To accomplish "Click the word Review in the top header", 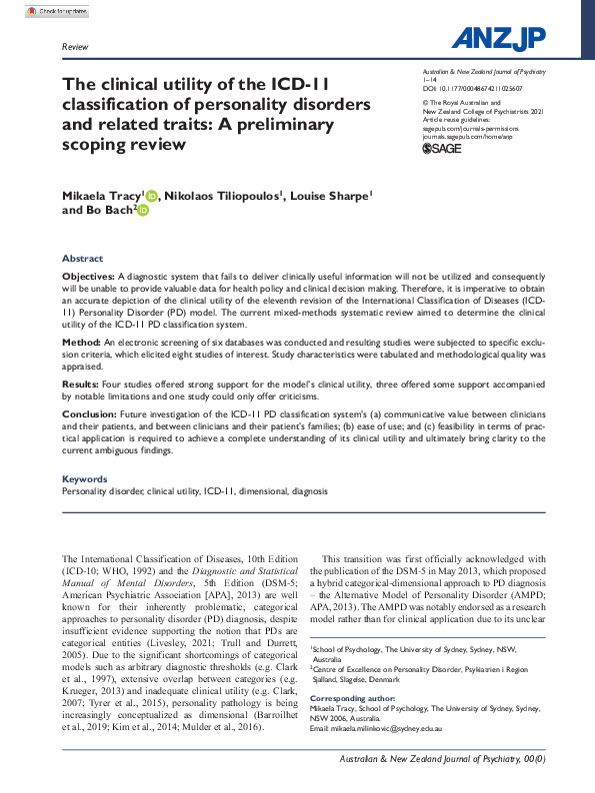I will pyautogui.click(x=74, y=47).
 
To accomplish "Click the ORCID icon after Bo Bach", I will pyautogui.click(x=142, y=211).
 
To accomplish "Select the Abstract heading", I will pyautogui.click(x=82, y=258).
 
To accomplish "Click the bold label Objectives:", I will pyautogui.click(x=89, y=275).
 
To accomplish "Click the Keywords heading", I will pyautogui.click(x=85, y=479).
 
